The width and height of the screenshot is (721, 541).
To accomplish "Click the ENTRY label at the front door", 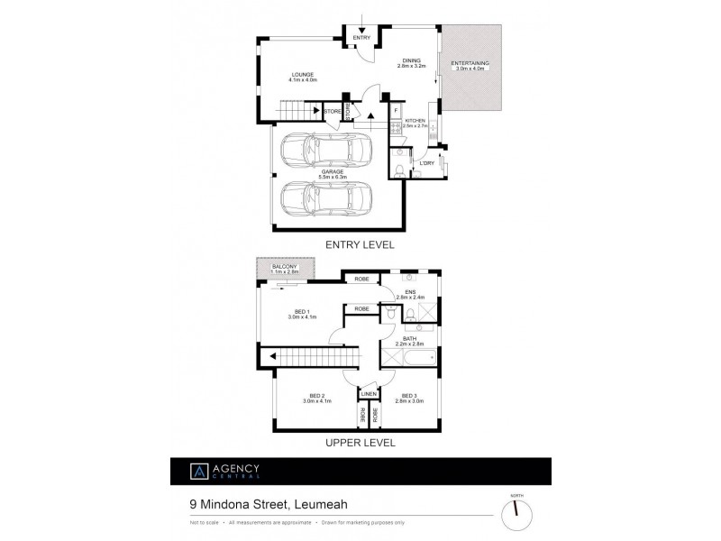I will tap(360, 37).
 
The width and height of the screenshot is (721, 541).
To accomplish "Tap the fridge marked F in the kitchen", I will tap(396, 110).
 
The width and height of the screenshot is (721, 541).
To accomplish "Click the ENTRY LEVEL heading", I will tap(360, 243).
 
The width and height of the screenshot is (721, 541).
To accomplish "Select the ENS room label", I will tap(411, 292).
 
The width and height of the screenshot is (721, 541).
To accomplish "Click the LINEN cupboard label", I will tap(368, 395).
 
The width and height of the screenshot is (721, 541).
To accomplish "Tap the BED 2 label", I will tap(315, 398).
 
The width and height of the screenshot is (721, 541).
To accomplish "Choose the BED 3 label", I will tap(409, 398).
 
